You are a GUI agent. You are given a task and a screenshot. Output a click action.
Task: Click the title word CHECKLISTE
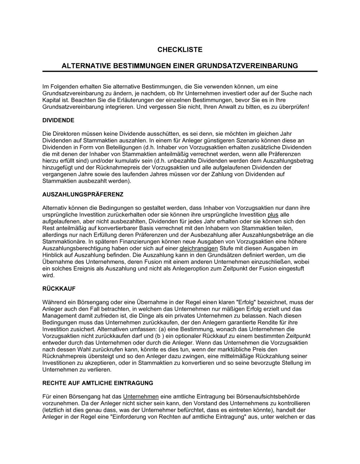coord(180,50)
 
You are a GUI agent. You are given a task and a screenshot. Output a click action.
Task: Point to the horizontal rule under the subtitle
coord(180,72)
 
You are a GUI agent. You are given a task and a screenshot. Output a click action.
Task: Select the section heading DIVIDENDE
coord(58,120)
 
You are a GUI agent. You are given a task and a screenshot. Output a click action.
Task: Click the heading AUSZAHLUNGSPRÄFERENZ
coord(83,194)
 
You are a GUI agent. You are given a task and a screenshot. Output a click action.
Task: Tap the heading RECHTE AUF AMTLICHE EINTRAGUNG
coord(98,383)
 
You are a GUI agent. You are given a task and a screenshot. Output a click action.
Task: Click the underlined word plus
coord(273,214)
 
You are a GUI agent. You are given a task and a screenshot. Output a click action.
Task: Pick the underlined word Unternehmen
coord(141,396)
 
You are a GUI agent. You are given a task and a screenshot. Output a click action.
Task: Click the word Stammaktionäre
coord(64,241)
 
